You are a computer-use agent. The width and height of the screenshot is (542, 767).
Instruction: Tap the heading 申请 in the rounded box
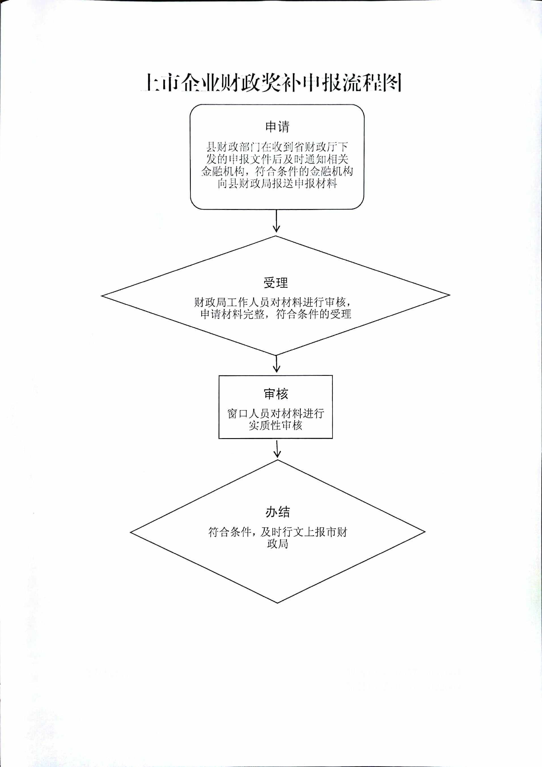click(x=277, y=127)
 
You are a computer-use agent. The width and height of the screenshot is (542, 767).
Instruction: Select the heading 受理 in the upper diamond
click(x=276, y=283)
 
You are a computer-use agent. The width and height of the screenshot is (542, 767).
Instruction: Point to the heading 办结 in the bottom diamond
click(x=278, y=512)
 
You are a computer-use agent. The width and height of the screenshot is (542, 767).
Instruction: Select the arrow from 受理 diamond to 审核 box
click(x=276, y=364)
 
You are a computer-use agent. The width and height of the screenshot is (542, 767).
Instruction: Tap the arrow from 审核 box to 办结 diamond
click(x=277, y=449)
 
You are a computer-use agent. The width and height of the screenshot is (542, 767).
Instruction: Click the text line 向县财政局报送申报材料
click(x=277, y=184)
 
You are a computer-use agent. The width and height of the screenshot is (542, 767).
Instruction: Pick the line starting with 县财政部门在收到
click(x=277, y=147)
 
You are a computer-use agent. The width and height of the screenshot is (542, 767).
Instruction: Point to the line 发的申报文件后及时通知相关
click(x=277, y=159)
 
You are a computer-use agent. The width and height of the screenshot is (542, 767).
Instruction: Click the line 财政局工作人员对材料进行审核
click(x=273, y=302)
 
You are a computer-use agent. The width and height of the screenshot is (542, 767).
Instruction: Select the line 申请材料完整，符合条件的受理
click(x=276, y=314)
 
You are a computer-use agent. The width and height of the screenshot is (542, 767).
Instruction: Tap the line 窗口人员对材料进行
click(x=276, y=414)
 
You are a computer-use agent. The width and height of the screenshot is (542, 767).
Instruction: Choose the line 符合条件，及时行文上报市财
click(x=278, y=532)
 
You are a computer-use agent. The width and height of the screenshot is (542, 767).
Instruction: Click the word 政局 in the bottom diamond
click(x=278, y=544)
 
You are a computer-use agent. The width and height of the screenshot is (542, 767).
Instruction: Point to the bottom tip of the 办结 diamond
click(x=278, y=603)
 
